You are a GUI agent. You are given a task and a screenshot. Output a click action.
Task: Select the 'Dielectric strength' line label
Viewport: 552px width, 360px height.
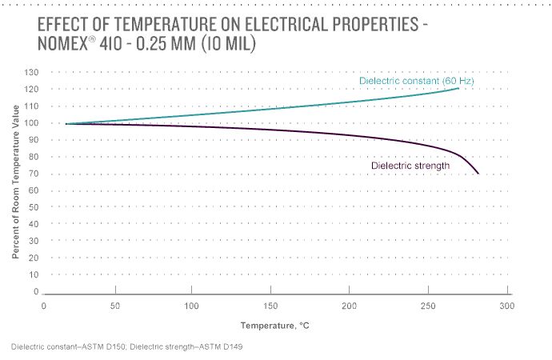click(410, 166)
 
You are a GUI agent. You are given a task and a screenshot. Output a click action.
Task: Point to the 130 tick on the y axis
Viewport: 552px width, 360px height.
click(31, 73)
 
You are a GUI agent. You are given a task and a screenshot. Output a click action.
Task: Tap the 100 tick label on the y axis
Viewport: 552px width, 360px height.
click(31, 123)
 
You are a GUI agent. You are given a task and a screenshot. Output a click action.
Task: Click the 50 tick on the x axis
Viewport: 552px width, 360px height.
click(116, 306)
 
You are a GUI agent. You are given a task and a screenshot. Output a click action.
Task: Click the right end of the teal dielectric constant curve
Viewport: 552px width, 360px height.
click(458, 88)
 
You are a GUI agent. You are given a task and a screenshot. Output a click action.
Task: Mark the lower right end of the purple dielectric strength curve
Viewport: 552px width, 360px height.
click(478, 174)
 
